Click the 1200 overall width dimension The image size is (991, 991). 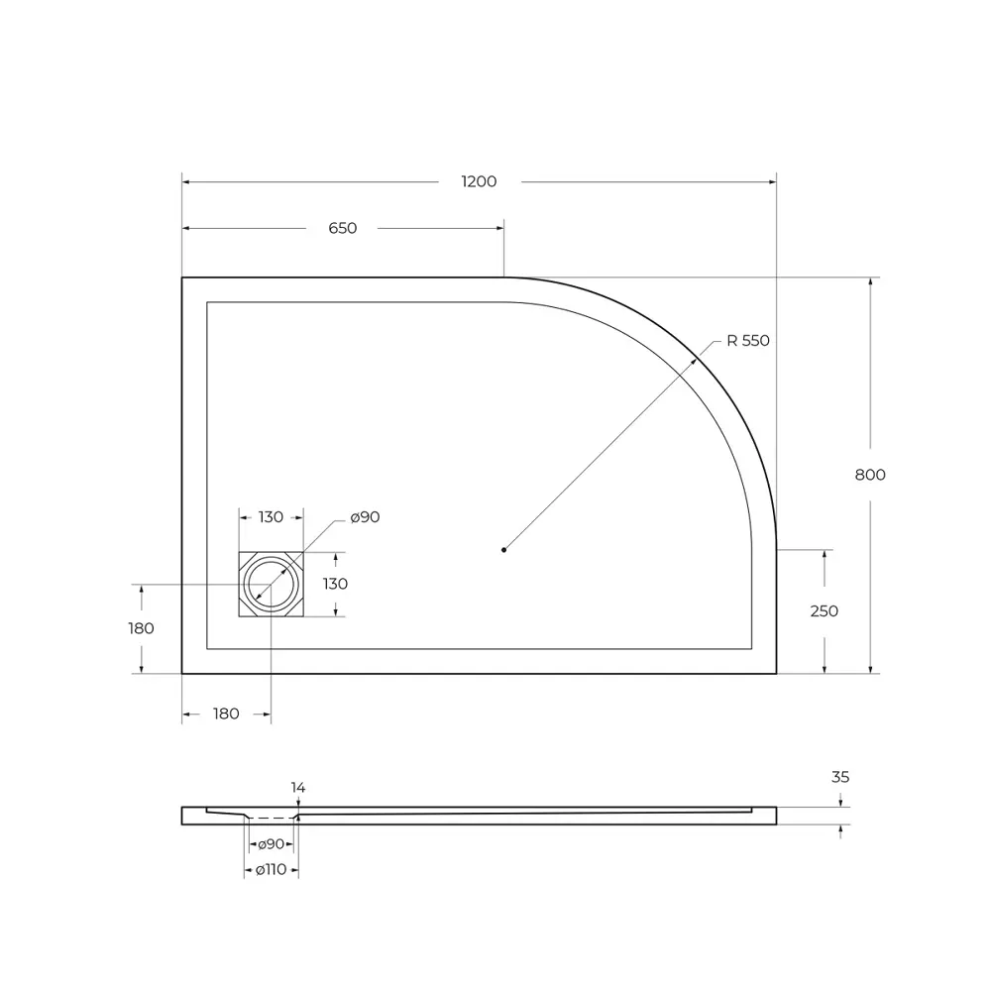[479, 181]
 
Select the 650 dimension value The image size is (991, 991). [342, 228]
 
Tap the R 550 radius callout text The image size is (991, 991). [747, 340]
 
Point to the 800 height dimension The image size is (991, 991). [870, 474]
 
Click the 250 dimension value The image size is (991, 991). [825, 610]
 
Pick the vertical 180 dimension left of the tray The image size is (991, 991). [142, 627]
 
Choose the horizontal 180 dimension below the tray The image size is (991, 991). [226, 714]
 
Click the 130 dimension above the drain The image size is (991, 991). [271, 516]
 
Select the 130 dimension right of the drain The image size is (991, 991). [335, 584]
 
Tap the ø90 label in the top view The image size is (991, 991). [365, 516]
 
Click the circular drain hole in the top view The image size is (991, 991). [271, 584]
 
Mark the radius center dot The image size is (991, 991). [503, 548]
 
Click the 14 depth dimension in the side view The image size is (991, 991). [298, 787]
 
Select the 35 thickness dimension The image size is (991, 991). [840, 777]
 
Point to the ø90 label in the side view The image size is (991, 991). [271, 844]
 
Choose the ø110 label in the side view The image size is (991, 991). [271, 869]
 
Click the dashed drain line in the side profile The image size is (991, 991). [272, 819]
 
